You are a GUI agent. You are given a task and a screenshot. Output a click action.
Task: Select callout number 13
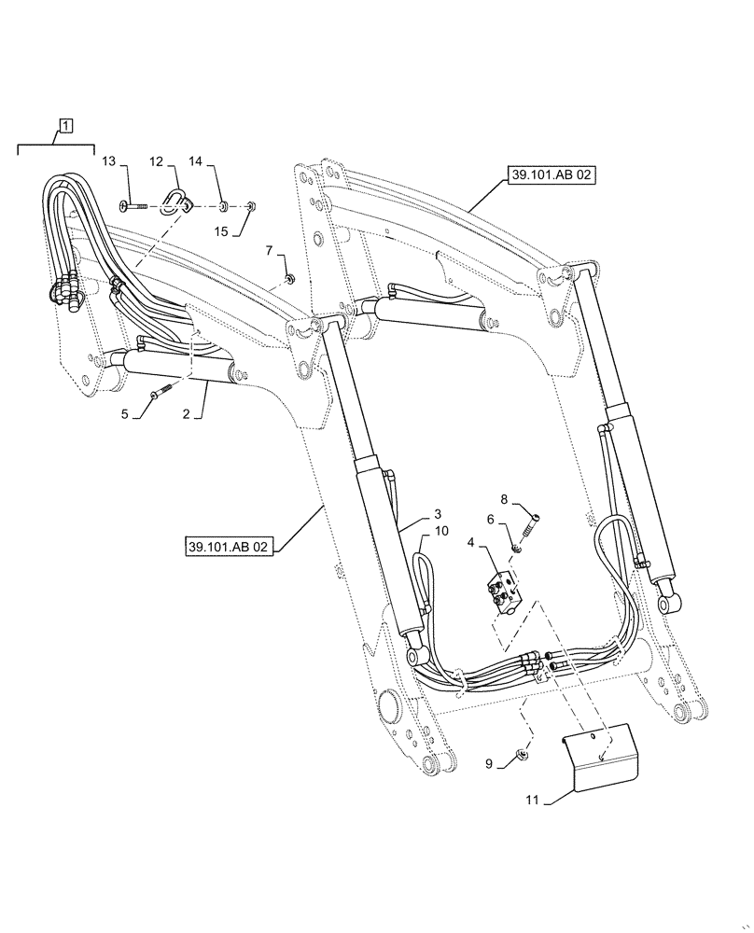tap(109, 162)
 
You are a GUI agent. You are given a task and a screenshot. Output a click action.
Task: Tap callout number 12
tap(157, 162)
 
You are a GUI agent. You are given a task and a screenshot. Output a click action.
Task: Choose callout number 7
tap(269, 250)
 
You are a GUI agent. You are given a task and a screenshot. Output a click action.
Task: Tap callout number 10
tap(441, 531)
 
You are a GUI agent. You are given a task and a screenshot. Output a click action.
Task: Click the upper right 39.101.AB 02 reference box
tap(552, 174)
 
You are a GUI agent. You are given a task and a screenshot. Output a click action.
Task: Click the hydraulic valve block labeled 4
tap(509, 592)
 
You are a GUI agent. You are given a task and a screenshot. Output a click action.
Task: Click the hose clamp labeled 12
tap(175, 199)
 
